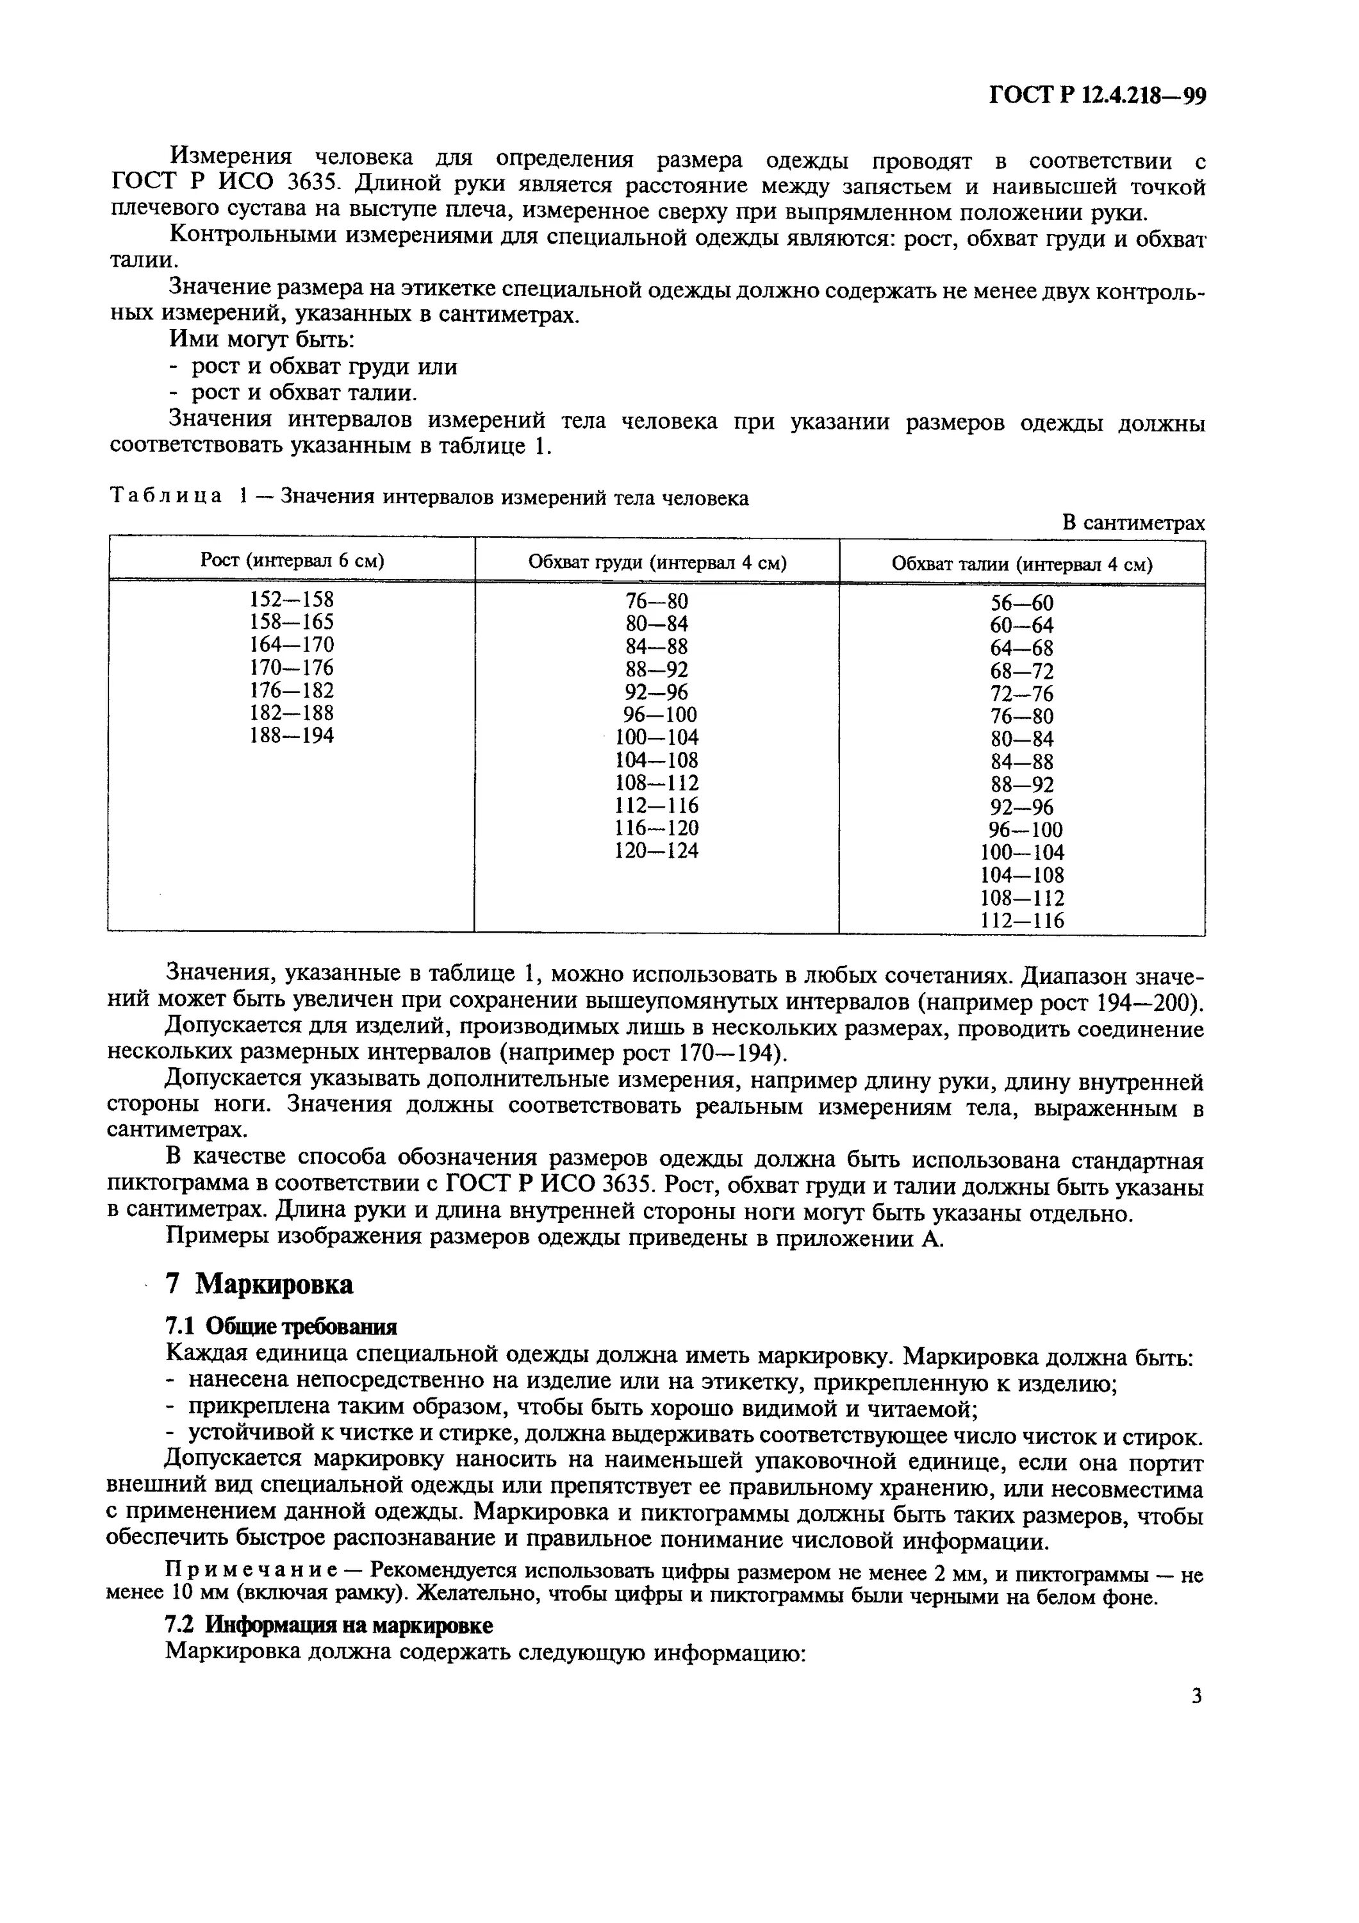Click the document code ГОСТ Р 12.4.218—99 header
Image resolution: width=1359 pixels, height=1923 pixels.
click(x=1097, y=96)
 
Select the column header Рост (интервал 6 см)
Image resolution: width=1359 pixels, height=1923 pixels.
click(x=292, y=560)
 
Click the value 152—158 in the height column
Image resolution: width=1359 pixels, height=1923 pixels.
click(x=292, y=600)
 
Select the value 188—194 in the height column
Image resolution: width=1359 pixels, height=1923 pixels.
click(x=292, y=735)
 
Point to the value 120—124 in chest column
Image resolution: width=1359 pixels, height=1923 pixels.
click(x=657, y=851)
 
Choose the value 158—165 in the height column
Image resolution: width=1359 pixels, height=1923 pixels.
click(x=292, y=622)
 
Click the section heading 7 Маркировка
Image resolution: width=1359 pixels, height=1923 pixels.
click(x=259, y=1284)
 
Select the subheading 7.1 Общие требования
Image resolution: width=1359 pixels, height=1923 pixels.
click(x=281, y=1327)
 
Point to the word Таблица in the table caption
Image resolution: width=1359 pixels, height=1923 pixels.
click(x=167, y=497)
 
